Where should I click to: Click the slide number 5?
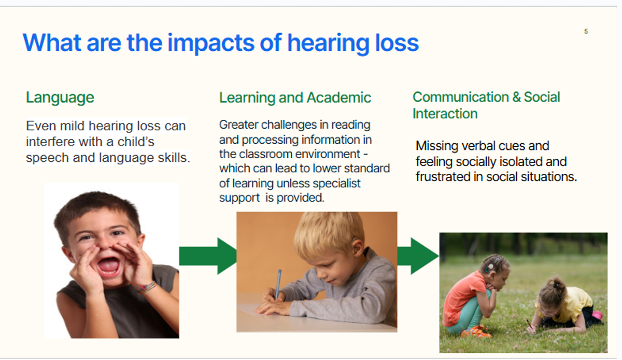(x=586, y=32)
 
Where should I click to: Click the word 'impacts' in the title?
(x=211, y=44)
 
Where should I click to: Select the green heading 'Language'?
(x=60, y=98)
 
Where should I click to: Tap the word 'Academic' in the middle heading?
(x=339, y=98)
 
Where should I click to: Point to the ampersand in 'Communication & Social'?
(x=516, y=97)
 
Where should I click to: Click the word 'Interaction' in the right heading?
(x=445, y=114)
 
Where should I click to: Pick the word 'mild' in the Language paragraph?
(x=72, y=126)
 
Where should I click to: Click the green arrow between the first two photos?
(x=208, y=256)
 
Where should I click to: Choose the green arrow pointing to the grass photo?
(x=418, y=256)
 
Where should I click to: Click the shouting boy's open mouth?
(x=109, y=266)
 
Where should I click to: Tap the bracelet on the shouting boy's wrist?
(x=147, y=287)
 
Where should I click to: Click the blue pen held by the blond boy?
(x=278, y=284)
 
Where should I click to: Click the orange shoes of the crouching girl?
(x=475, y=331)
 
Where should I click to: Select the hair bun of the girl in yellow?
(x=558, y=284)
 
